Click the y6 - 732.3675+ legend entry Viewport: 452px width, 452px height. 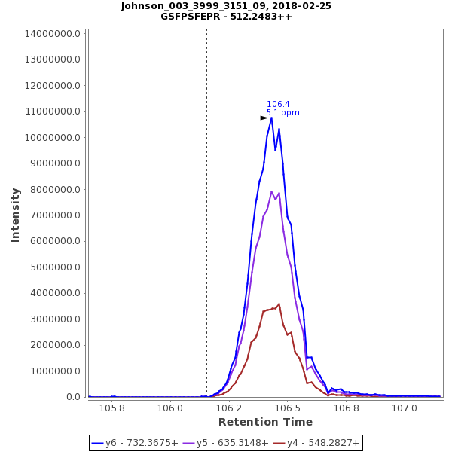tap(136, 443)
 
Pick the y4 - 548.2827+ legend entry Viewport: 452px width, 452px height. tap(316, 443)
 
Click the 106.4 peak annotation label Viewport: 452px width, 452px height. tap(278, 105)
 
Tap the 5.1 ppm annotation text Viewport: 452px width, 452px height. tap(282, 113)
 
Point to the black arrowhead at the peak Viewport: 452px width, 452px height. tap(264, 118)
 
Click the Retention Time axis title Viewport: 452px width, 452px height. tap(265, 422)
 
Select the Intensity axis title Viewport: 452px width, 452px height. tap(15, 215)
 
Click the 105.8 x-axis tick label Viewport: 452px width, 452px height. tap(111, 408)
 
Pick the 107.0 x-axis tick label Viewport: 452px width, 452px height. tap(405, 408)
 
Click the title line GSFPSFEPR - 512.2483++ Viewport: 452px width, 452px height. tap(226, 16)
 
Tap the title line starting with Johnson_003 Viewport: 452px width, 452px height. tap(226, 6)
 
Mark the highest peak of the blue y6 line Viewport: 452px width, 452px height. tap(271, 118)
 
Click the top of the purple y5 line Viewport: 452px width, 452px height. tap(272, 191)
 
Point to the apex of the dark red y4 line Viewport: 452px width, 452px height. tap(279, 304)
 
